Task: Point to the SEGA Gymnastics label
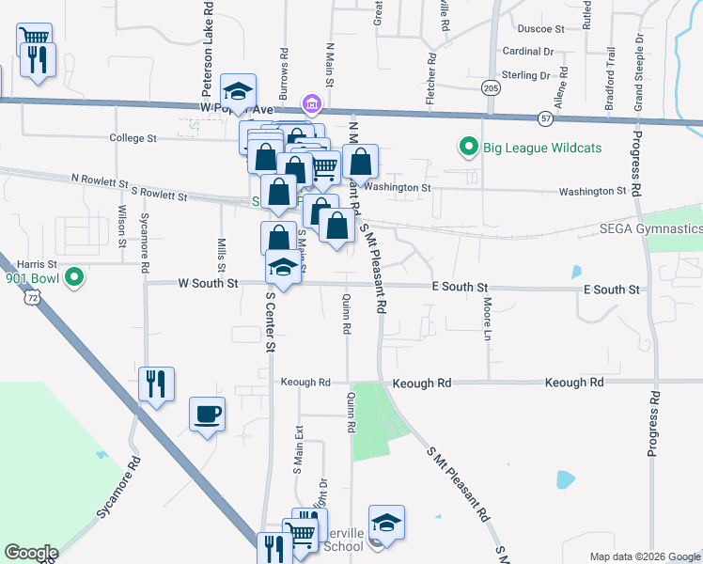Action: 651,229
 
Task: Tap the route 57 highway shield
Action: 546,118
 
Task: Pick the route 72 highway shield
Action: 34,297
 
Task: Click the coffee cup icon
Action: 207,413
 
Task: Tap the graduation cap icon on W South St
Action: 283,267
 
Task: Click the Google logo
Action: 31,553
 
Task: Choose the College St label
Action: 133,138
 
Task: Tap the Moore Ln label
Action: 488,319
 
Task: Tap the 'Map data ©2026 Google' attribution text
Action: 644,556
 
